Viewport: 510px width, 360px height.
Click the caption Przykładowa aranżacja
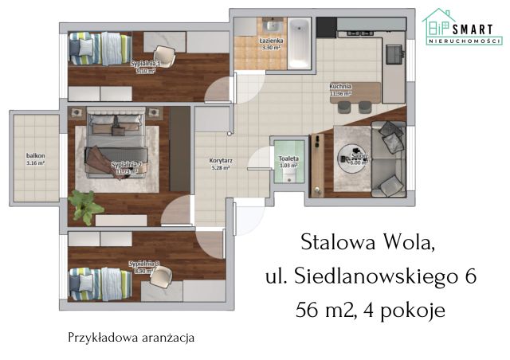click(131, 337)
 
